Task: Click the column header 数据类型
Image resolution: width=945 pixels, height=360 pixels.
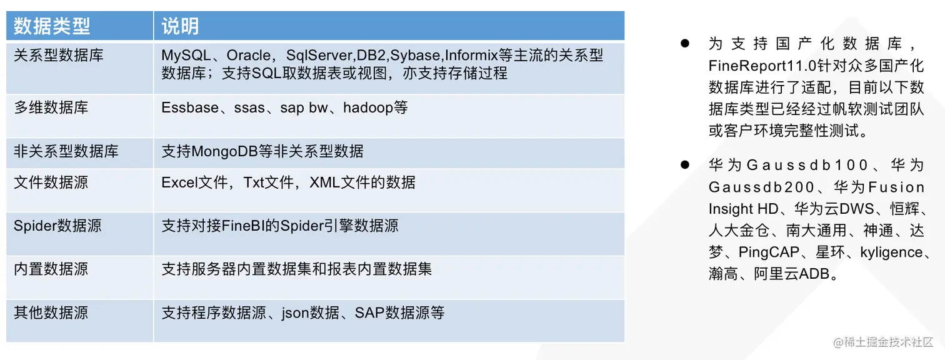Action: click(x=52, y=26)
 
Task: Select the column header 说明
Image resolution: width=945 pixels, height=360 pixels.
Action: click(x=181, y=26)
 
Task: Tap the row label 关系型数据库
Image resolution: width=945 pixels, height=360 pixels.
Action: click(x=59, y=55)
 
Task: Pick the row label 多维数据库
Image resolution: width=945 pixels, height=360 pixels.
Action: click(x=51, y=107)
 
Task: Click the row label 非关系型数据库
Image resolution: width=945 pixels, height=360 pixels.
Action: click(x=66, y=151)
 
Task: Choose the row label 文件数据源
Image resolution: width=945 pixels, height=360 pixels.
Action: click(x=51, y=182)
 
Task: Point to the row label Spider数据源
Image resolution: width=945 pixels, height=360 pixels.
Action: click(x=57, y=226)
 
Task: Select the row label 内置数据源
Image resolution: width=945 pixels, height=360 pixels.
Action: click(x=51, y=269)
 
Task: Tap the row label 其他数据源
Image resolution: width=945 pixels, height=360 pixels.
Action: click(x=51, y=312)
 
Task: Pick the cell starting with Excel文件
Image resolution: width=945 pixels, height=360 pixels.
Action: click(x=288, y=182)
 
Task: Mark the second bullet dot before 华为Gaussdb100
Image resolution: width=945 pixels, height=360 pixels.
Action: click(x=684, y=165)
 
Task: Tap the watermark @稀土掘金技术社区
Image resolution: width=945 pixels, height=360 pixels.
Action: click(x=882, y=342)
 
